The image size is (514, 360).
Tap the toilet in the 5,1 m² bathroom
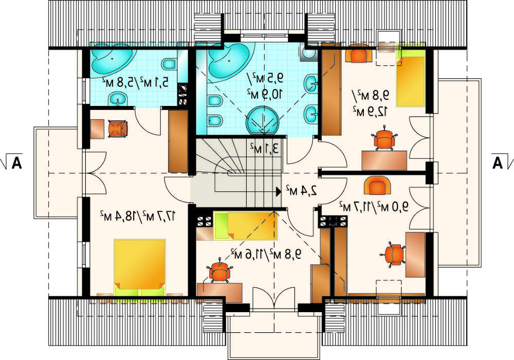pyautogui.click(x=169, y=64)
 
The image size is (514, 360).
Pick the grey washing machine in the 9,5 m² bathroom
pyautogui.click(x=308, y=52)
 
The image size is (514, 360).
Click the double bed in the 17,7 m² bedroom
pyautogui.click(x=139, y=267)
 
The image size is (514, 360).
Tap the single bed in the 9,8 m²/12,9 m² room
pyautogui.click(x=411, y=79)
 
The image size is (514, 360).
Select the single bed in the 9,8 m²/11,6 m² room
pyautogui.click(x=246, y=226)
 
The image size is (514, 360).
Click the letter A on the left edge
pyautogui.click(x=16, y=163)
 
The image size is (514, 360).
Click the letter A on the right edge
pyautogui.click(x=497, y=163)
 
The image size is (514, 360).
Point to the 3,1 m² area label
pyautogui.click(x=264, y=149)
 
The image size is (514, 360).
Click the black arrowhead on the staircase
pyautogui.click(x=279, y=191)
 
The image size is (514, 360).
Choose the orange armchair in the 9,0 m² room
pyautogui.click(x=377, y=186)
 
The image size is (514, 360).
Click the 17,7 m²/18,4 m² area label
pyautogui.click(x=138, y=216)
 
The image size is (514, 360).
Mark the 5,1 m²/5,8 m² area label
pyautogui.click(x=135, y=82)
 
